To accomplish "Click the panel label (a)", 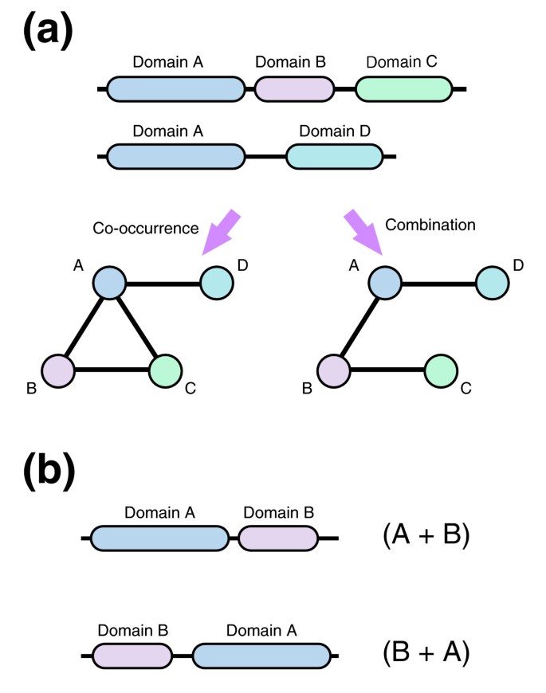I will pyautogui.click(x=47, y=33).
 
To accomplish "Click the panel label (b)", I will pyautogui.click(x=47, y=472).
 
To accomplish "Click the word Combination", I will pyautogui.click(x=430, y=225).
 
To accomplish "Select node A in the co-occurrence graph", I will pyautogui.click(x=110, y=283).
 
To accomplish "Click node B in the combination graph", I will pyautogui.click(x=334, y=370).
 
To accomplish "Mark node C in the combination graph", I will pyautogui.click(x=441, y=370).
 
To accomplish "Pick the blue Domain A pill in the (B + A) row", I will pyautogui.click(x=261, y=656).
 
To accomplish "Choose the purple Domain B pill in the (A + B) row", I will pyautogui.click(x=277, y=538).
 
